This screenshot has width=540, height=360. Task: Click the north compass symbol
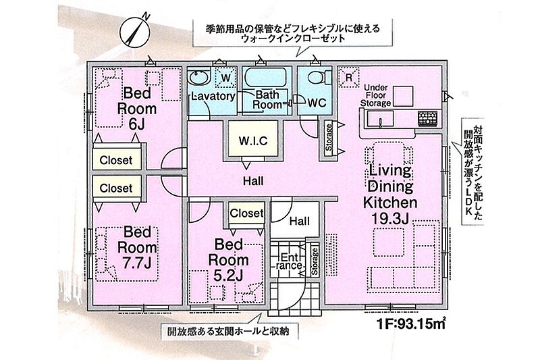coord(134,32)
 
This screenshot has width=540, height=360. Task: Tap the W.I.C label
coord(253,141)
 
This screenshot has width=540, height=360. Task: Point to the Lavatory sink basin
coord(198,77)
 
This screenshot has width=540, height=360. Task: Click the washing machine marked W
coord(226,77)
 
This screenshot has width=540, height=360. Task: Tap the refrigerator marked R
coord(348,77)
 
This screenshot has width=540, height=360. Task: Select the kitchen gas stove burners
coord(428,118)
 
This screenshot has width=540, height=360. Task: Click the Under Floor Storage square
coord(403,96)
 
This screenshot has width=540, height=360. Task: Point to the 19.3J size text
coord(390,218)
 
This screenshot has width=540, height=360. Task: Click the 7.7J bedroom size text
coord(137,263)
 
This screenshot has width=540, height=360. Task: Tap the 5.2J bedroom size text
coord(228,275)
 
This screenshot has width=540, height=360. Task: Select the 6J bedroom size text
coord(137,124)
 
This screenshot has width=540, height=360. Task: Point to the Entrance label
coord(290,261)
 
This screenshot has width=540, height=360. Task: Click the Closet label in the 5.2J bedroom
coord(246,213)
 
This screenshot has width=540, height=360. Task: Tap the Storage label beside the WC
coord(329,138)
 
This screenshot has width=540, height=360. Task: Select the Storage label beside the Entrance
coord(315,261)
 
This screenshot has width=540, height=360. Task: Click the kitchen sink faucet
coord(381,122)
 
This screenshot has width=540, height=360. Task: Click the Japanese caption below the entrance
coord(228,332)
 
